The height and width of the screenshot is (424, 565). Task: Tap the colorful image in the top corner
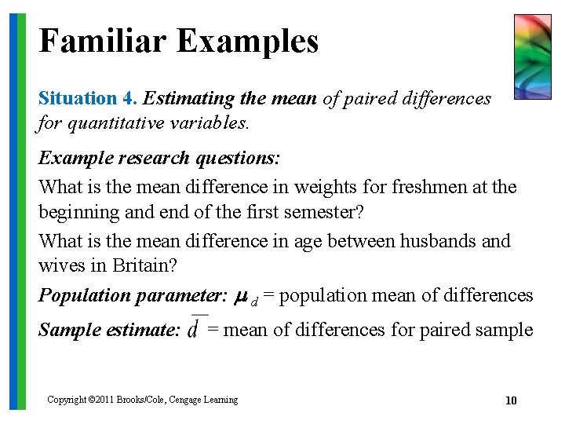click(x=532, y=57)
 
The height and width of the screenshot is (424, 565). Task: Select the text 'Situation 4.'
click(x=88, y=99)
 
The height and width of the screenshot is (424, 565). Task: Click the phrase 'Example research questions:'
click(x=159, y=158)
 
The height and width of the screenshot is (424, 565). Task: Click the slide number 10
click(x=511, y=400)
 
